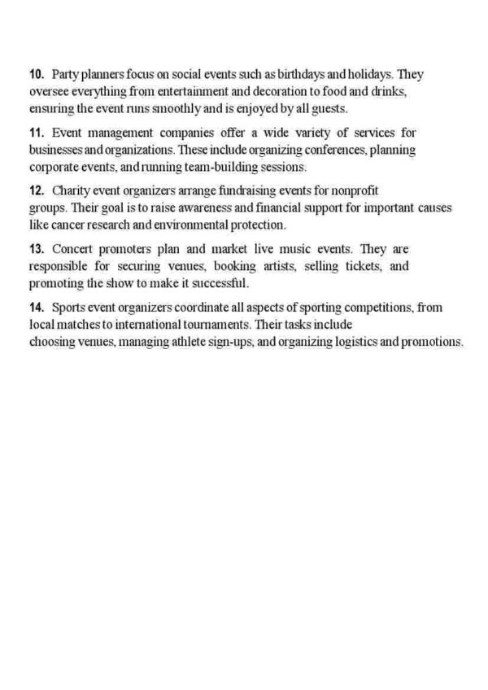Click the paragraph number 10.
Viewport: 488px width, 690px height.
[36, 75]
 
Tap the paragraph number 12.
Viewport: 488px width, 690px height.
[36, 190]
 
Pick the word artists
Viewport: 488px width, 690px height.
[258, 265]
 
